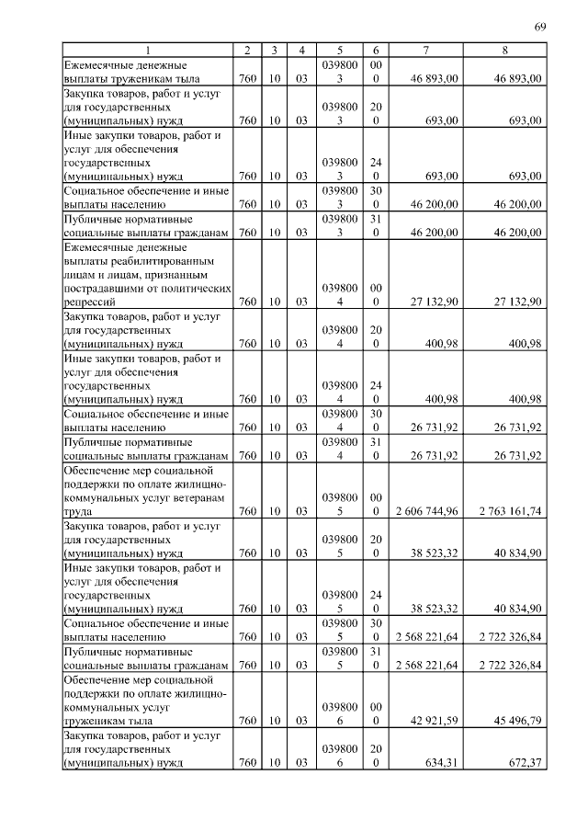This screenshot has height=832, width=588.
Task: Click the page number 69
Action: coord(540,26)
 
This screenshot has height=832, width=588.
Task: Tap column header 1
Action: coord(146,50)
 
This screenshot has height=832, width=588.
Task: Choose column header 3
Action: coord(274,50)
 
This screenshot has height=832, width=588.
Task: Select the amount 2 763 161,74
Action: coord(505,510)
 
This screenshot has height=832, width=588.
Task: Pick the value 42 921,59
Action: coord(435,720)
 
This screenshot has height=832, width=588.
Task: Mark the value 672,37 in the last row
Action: coord(523,763)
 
